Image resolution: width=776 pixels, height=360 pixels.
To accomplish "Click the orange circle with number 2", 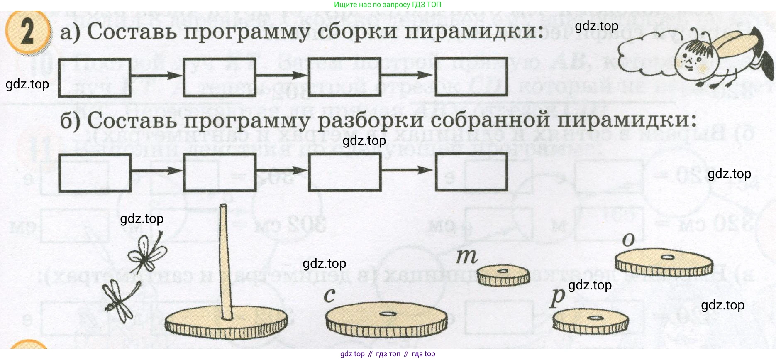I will coord(27,32).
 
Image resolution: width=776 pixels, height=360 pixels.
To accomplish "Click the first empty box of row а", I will coord(95,78).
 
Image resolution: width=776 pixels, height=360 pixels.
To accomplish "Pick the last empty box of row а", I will coord(471,77).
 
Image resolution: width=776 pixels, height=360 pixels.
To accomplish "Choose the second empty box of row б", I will coord(220,172).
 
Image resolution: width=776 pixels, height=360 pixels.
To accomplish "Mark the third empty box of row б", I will coord(344,172).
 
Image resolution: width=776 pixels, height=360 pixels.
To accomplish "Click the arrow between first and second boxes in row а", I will coord(157,76).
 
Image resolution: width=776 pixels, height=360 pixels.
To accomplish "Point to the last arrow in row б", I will coord(408,170).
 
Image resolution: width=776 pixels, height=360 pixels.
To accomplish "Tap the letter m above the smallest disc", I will coord(467,257).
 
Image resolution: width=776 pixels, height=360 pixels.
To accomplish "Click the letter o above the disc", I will coord(629,240).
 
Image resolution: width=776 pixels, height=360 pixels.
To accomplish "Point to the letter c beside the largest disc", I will coord(329,295).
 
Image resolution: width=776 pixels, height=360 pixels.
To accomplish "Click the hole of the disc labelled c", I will coord(388,314).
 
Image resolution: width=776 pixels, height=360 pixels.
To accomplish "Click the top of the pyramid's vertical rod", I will coord(223,206).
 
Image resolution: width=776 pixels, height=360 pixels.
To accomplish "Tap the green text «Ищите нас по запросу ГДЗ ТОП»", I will coord(388,5).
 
